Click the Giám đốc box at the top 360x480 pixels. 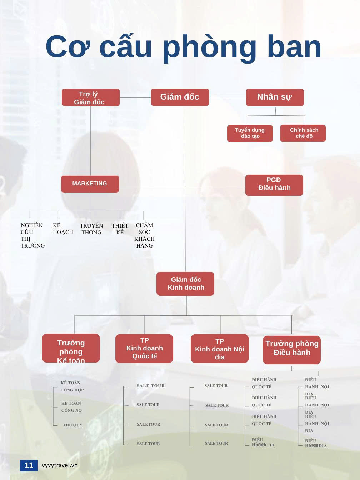[180, 97]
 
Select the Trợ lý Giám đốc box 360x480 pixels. [90, 97]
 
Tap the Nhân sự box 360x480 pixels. [275, 97]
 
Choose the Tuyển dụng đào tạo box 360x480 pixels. [250, 133]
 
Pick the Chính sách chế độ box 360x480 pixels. [303, 133]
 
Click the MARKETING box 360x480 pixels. [90, 184]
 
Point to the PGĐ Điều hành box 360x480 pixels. [274, 185]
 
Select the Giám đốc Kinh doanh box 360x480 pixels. [185, 284]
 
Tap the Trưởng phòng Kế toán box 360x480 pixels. [71, 348]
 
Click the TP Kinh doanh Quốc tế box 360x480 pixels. [144, 348]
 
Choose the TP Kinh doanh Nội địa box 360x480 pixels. [220, 349]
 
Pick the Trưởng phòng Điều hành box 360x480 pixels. [292, 349]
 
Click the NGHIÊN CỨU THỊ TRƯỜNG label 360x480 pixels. [32, 235]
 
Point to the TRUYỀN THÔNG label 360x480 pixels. [91, 229]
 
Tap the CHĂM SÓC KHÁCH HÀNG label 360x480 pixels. [144, 235]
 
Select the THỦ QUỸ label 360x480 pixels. [72, 425]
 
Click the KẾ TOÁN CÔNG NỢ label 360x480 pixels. [71, 407]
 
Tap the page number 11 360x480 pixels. [29, 465]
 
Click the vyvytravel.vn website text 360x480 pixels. [60, 465]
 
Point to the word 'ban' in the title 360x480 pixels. [294, 47]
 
